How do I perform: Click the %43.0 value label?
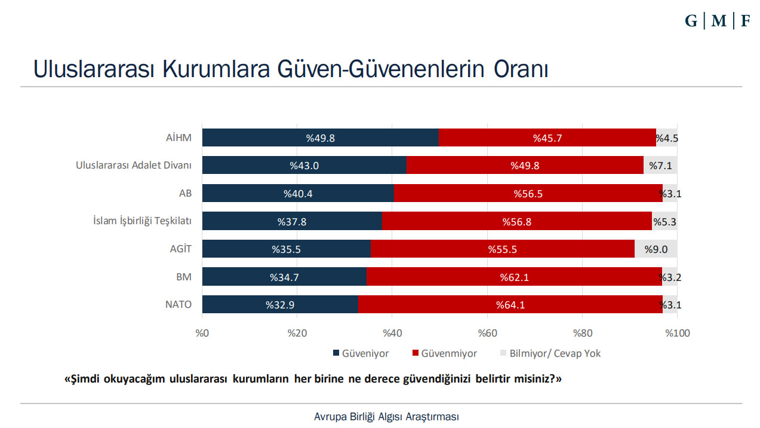(x=304, y=166)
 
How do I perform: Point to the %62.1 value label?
(x=515, y=277)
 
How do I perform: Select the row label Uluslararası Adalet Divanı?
(x=133, y=166)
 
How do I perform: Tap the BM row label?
(x=184, y=277)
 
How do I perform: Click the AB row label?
(x=185, y=194)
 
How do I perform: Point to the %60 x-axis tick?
(x=487, y=333)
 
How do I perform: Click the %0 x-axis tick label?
(x=202, y=333)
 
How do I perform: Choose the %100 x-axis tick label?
(x=678, y=333)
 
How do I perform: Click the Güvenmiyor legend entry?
(x=449, y=353)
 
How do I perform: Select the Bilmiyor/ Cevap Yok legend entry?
(x=555, y=353)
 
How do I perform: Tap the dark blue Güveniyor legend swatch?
(x=336, y=353)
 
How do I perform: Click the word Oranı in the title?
(x=518, y=69)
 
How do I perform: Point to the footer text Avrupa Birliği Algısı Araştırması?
(x=386, y=417)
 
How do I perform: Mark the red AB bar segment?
(x=528, y=194)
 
